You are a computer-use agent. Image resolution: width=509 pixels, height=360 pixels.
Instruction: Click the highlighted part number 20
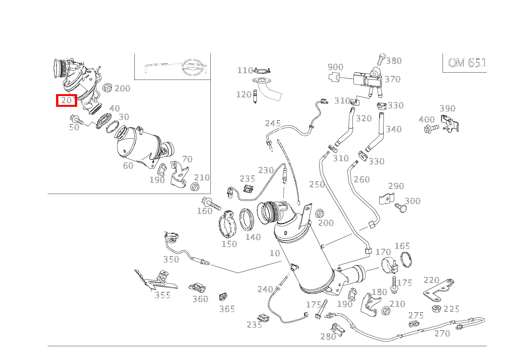67,100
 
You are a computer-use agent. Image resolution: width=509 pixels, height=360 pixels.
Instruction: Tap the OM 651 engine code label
466,63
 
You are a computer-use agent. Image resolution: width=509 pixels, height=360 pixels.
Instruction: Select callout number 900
335,67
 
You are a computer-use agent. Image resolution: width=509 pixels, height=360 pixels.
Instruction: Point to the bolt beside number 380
381,59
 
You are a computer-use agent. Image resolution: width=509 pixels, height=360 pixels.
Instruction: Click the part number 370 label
392,79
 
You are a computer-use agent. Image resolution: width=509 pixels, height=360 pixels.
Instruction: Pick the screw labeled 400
432,128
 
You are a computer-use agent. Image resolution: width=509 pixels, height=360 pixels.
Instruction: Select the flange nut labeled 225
436,308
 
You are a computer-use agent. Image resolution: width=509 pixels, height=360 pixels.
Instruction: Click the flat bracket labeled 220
438,291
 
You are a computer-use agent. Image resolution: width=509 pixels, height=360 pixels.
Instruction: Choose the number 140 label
253,237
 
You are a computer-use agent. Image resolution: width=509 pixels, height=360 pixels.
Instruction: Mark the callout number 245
273,124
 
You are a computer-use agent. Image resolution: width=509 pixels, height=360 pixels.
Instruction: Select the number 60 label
128,166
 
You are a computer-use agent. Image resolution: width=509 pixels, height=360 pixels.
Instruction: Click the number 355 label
162,295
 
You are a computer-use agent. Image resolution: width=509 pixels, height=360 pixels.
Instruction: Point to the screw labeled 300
401,208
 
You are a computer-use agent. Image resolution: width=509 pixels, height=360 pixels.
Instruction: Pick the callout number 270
442,333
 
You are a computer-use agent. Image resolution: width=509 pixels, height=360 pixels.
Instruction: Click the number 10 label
274,253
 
